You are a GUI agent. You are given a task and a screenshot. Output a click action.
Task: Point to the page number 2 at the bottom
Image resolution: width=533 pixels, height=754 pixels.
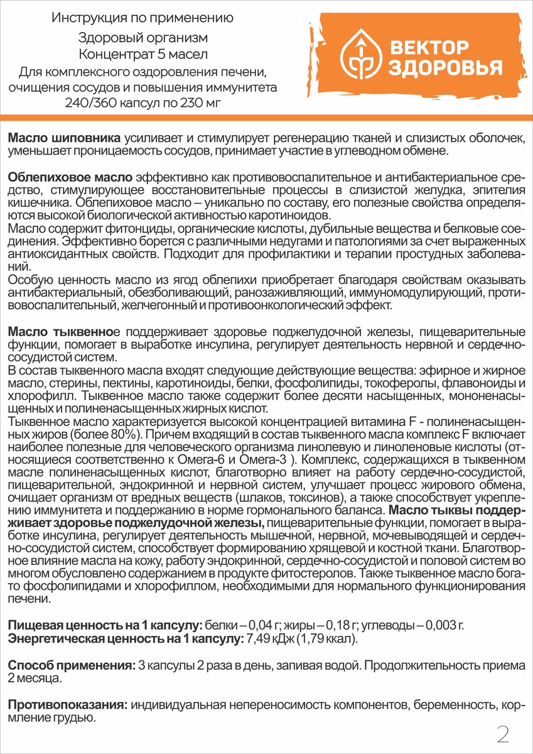click(x=503, y=733)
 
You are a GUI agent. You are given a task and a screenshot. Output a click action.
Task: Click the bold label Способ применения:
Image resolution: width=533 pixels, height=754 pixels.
click(x=70, y=665)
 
